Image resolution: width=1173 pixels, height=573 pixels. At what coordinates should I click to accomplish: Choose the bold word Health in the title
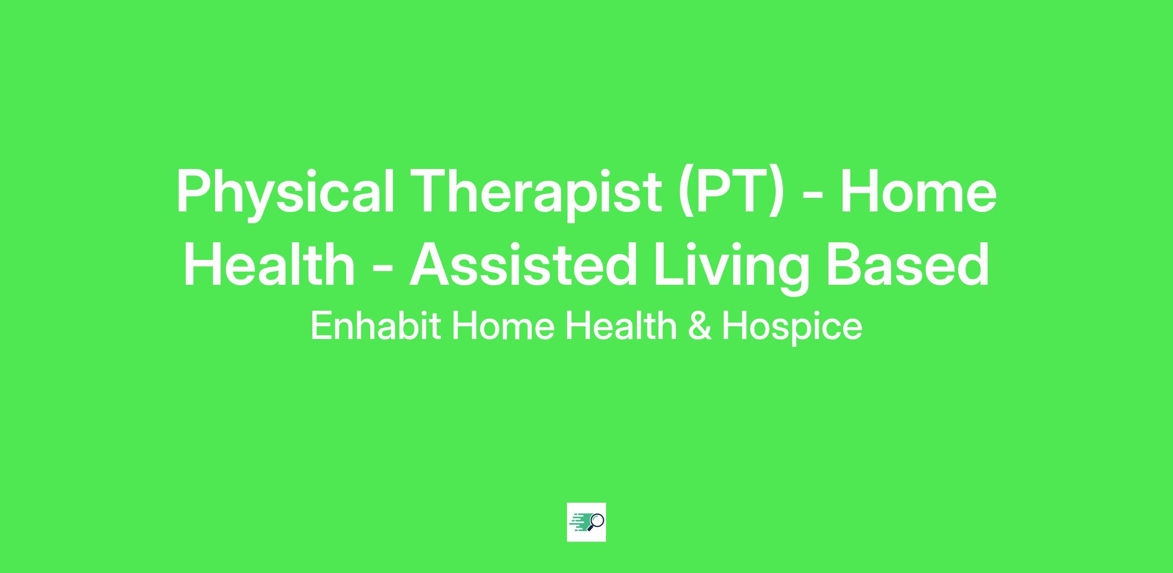click(x=269, y=264)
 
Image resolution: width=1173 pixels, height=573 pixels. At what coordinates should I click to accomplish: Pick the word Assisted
click(x=523, y=264)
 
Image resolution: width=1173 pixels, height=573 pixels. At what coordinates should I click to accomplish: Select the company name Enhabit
click(x=376, y=326)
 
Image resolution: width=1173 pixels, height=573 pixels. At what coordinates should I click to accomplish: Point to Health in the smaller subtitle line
click(x=621, y=326)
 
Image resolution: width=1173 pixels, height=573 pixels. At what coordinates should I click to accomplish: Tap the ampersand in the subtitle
click(x=699, y=326)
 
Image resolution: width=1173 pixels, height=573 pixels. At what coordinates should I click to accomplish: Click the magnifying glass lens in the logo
click(x=598, y=520)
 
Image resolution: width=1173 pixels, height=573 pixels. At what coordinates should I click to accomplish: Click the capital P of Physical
click(x=194, y=191)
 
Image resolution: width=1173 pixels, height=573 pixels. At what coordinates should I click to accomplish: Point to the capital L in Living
click(x=670, y=264)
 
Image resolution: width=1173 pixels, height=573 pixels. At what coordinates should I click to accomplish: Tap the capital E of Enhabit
click(x=320, y=326)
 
